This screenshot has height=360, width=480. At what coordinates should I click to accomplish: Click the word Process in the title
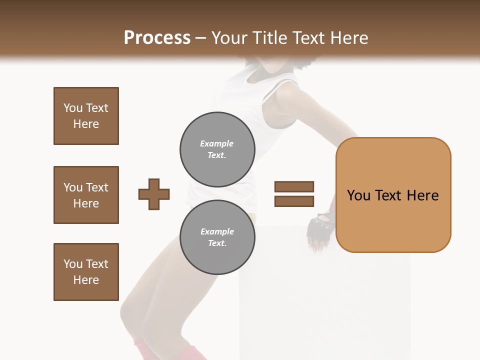[x=157, y=38]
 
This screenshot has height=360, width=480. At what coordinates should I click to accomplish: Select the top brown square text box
[x=86, y=116]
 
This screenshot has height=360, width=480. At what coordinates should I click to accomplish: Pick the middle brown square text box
[x=86, y=195]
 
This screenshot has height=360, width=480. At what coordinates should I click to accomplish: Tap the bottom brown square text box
[x=86, y=272]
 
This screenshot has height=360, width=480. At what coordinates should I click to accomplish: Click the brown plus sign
[x=154, y=194]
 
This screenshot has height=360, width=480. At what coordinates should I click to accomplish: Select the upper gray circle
[x=217, y=149]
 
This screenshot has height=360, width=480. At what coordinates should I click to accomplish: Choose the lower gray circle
[x=217, y=237]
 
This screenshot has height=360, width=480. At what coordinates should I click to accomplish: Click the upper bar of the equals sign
[x=294, y=187]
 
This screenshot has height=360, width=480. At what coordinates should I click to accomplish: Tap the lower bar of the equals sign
[x=294, y=201]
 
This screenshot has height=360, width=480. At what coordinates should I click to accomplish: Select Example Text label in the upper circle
[x=217, y=149]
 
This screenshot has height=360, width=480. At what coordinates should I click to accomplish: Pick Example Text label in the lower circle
[x=217, y=237]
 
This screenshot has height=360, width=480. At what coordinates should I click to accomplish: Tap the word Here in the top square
[x=86, y=124]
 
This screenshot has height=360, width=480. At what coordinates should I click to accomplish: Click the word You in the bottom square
[x=73, y=264]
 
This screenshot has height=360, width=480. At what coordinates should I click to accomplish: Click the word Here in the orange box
[x=422, y=195]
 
